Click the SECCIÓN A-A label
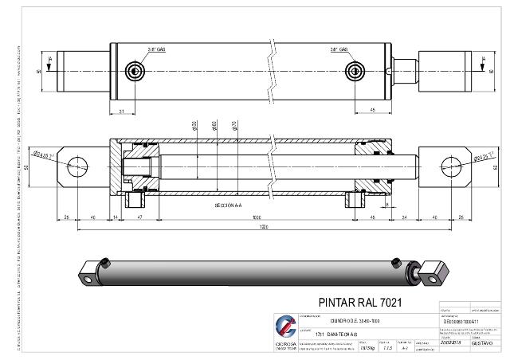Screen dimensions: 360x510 pos(229,205)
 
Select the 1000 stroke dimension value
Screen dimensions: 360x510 pos(256,217)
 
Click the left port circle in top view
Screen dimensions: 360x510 pos(135,72)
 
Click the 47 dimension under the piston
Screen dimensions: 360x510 pos(139,217)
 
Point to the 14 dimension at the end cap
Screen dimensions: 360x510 pos(116,217)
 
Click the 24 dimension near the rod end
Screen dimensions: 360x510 pos(405,217)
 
